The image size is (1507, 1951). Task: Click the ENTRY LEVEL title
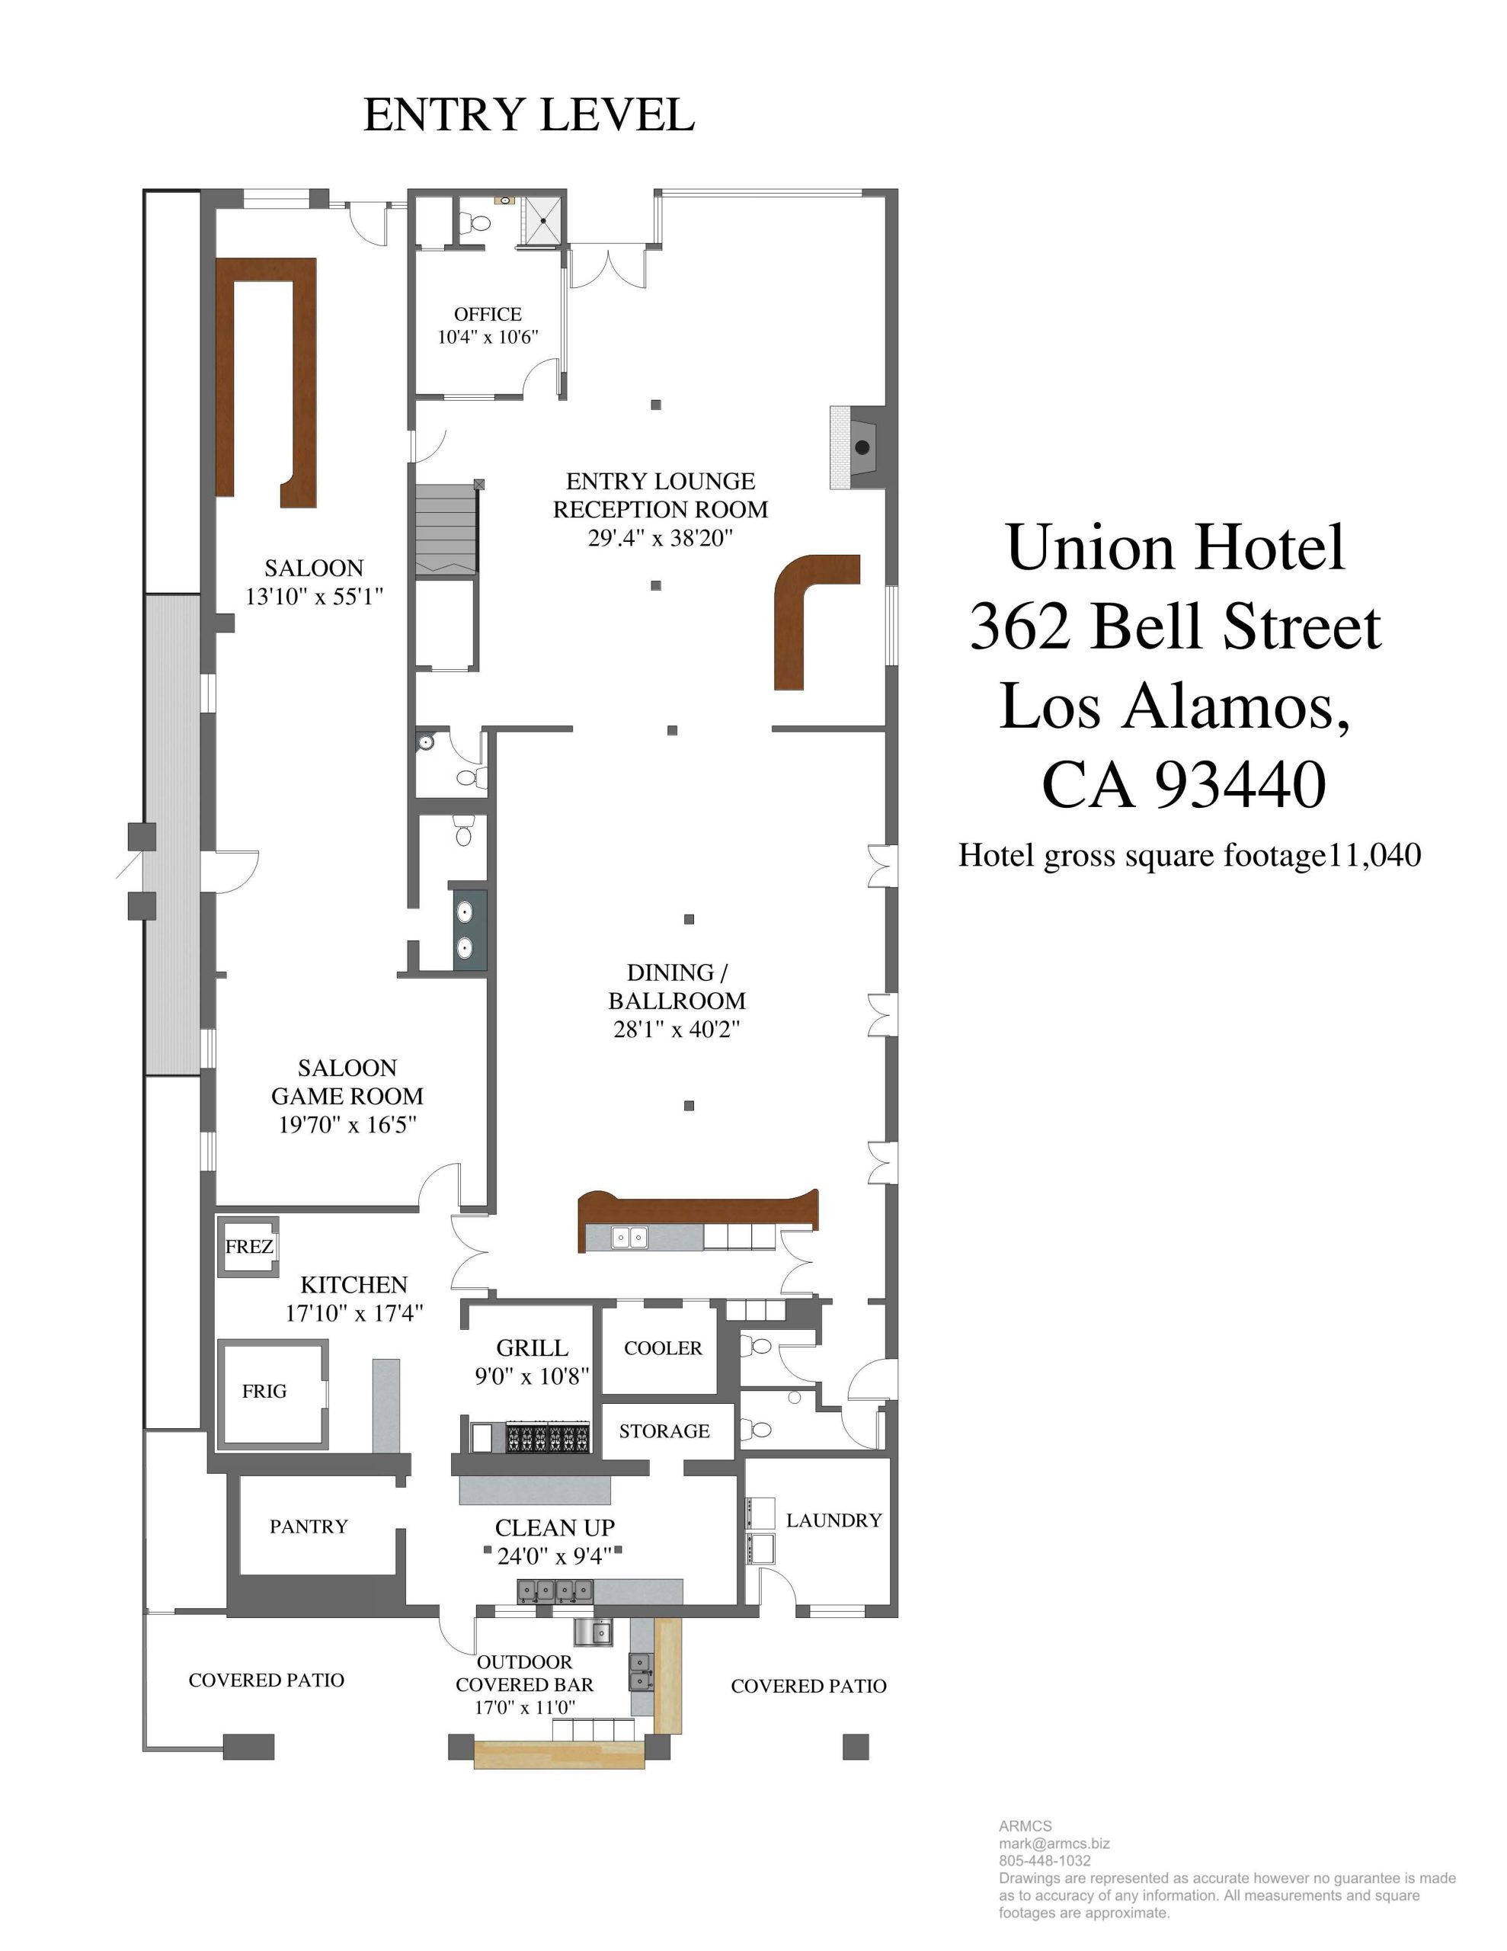529,115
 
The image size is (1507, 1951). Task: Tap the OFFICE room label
488,315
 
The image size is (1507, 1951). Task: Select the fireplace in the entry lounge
859,447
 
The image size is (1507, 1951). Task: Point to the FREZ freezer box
248,1246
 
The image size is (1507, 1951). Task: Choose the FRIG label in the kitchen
264,1391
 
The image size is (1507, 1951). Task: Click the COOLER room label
663,1348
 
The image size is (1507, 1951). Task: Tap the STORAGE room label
664,1430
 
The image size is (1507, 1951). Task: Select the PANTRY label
309,1526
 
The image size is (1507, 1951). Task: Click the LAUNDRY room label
833,1520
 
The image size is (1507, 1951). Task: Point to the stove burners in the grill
549,1437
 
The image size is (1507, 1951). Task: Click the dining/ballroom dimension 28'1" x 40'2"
677,1029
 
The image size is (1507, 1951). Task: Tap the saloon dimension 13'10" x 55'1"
315,596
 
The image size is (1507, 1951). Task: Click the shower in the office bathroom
542,219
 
